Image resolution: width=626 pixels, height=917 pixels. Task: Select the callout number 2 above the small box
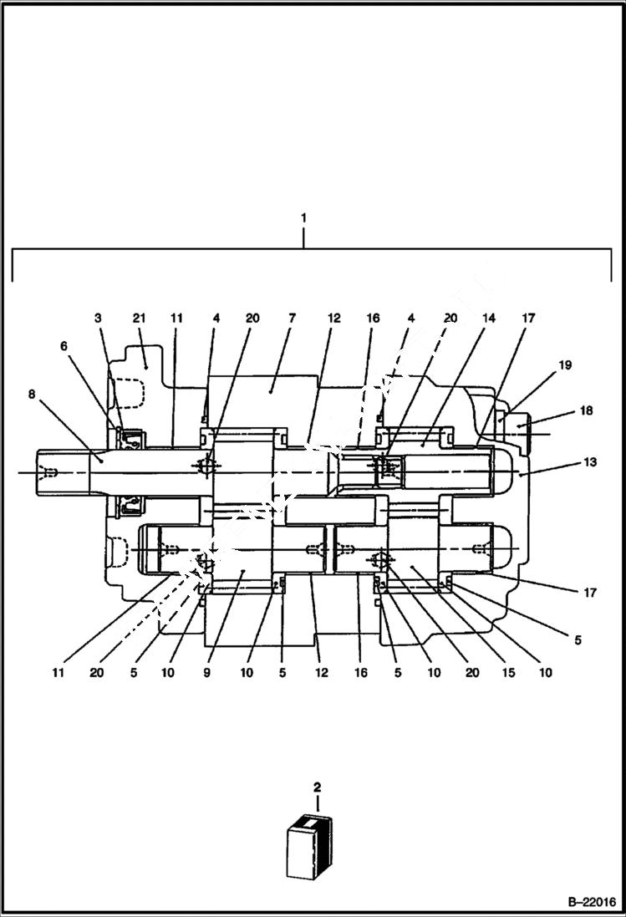[317, 787]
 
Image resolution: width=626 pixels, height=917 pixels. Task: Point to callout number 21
[139, 318]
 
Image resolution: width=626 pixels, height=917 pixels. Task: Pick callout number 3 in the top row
[98, 318]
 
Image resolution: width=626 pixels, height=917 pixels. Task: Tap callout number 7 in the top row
[292, 318]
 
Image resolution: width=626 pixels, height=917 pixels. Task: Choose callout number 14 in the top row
[488, 318]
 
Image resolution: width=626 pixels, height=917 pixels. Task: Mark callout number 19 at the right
[565, 365]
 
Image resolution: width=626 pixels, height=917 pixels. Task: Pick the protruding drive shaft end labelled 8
[63, 472]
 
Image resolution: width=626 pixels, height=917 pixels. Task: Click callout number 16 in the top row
[373, 318]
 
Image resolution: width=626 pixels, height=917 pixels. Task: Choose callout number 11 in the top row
[176, 318]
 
